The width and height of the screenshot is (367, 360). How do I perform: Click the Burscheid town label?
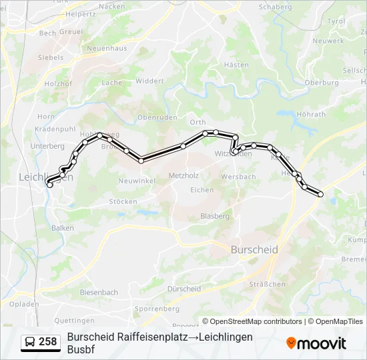(x=254, y=249)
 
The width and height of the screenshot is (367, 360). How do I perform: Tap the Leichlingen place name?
(x=45, y=177)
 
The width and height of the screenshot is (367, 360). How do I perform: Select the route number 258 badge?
(x=40, y=342)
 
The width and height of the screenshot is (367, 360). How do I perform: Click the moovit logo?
(x=316, y=343)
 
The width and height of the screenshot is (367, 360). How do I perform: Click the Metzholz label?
(x=183, y=176)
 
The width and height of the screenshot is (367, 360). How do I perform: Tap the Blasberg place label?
(x=215, y=216)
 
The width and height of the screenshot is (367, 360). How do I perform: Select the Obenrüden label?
(x=157, y=117)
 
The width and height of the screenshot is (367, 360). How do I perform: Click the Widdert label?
(x=149, y=81)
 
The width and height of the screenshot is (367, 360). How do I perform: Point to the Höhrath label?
(x=311, y=115)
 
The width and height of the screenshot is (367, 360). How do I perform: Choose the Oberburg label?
(x=321, y=83)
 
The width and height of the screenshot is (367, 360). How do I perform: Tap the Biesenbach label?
(x=99, y=293)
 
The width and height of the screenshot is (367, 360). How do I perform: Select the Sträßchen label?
(x=266, y=284)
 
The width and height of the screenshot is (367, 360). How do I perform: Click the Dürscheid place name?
(x=183, y=289)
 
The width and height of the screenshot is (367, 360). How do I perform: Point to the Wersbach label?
(x=238, y=177)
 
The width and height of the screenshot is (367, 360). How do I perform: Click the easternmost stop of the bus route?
(x=321, y=195)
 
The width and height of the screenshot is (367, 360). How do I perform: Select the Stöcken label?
(x=123, y=201)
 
